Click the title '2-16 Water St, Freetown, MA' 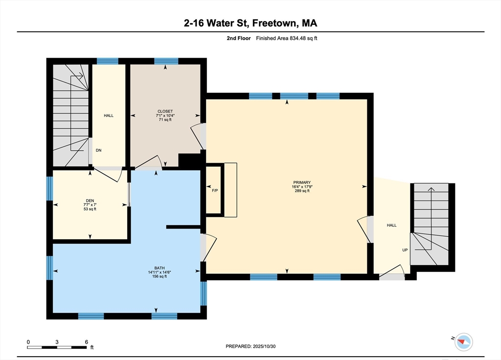coord(250,23)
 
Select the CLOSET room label coord(165,111)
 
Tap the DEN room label coord(89,200)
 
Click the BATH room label coord(159,268)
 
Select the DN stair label coord(98,150)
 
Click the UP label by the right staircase coord(405,250)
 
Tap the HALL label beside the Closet coord(109,115)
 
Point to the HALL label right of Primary coord(392,225)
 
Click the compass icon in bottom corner coord(463,342)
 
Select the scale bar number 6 coord(86,341)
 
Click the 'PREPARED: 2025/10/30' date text coord(254,346)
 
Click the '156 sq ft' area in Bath coord(159,276)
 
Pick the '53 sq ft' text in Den coord(89,209)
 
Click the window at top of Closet coord(166,61)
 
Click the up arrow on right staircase coord(431,190)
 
